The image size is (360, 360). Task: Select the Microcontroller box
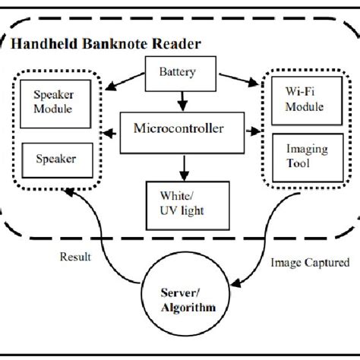[x=179, y=131]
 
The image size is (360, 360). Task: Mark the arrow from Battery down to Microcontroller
[x=180, y=99]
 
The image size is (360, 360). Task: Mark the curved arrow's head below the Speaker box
[x=71, y=193]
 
